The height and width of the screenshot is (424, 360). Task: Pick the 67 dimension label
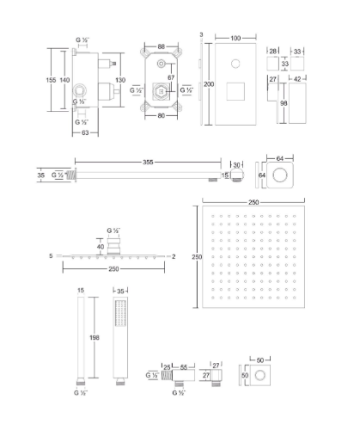tap(171, 77)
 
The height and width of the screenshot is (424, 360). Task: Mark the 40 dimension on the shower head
tap(101, 247)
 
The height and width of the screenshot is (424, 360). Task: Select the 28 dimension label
tap(273, 52)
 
